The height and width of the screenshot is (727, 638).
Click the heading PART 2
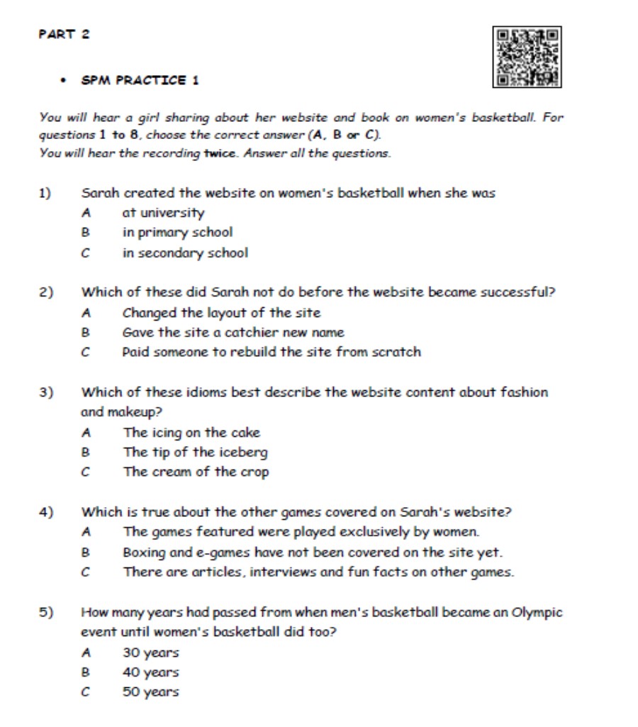click(65, 34)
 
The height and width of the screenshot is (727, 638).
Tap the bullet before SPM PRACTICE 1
click(63, 80)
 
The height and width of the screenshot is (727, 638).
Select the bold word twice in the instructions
click(220, 153)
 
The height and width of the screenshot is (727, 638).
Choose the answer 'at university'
click(163, 213)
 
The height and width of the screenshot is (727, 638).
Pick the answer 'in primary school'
click(177, 233)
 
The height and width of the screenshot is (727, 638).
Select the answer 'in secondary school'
click(185, 252)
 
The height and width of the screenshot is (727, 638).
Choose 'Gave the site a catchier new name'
click(233, 332)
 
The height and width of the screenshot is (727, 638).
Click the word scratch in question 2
click(396, 352)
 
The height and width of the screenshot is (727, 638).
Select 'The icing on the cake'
click(191, 432)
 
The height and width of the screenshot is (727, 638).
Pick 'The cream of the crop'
click(196, 472)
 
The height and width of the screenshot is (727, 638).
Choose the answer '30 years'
click(151, 653)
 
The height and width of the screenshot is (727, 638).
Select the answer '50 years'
click(151, 692)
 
